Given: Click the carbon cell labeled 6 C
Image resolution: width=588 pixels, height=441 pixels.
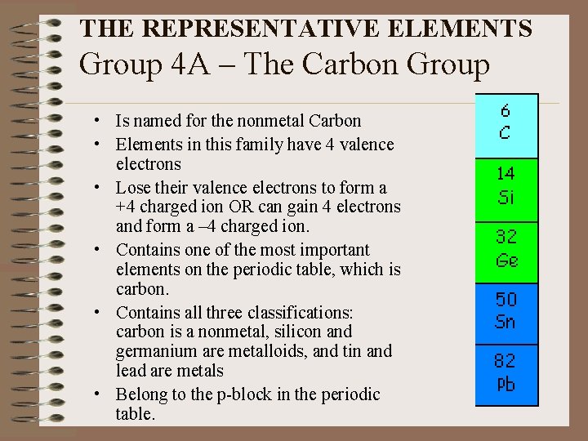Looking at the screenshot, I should (506, 124).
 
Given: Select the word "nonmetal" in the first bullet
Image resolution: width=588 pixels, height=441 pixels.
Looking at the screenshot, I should (274, 121).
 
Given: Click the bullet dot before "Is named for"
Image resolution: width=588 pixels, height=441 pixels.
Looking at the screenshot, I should (97, 122).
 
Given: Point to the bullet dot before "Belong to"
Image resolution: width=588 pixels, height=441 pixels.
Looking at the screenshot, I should (97, 395).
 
